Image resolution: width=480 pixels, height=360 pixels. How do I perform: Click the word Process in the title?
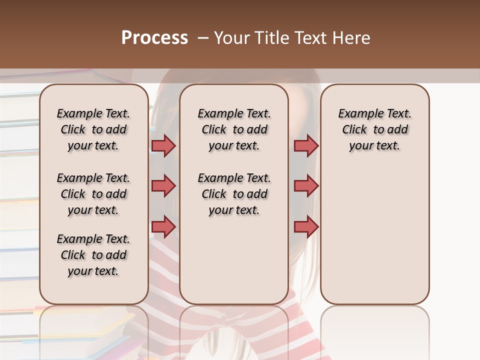click(x=154, y=38)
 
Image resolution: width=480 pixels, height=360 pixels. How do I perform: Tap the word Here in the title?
click(x=351, y=38)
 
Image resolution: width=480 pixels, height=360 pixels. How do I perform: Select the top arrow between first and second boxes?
click(x=163, y=146)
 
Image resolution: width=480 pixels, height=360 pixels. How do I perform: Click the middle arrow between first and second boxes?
click(x=163, y=186)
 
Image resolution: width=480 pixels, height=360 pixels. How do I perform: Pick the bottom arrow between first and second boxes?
click(x=163, y=226)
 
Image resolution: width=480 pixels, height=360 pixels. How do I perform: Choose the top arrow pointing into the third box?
click(x=306, y=146)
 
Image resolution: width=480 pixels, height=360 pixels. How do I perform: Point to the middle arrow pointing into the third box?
click(x=306, y=186)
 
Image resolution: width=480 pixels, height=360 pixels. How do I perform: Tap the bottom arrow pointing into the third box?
click(x=306, y=226)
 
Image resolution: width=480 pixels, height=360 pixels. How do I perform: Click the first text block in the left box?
click(x=93, y=129)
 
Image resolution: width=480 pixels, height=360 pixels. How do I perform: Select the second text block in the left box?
click(x=93, y=194)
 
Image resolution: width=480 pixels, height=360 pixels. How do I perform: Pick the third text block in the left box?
click(x=93, y=255)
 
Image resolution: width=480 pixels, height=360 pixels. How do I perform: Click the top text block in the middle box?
click(x=234, y=129)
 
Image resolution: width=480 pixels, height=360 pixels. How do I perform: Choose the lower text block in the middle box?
click(x=234, y=194)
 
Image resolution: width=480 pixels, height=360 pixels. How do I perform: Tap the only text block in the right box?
click(x=374, y=129)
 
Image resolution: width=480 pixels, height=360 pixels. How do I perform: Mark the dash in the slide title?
click(x=203, y=38)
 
